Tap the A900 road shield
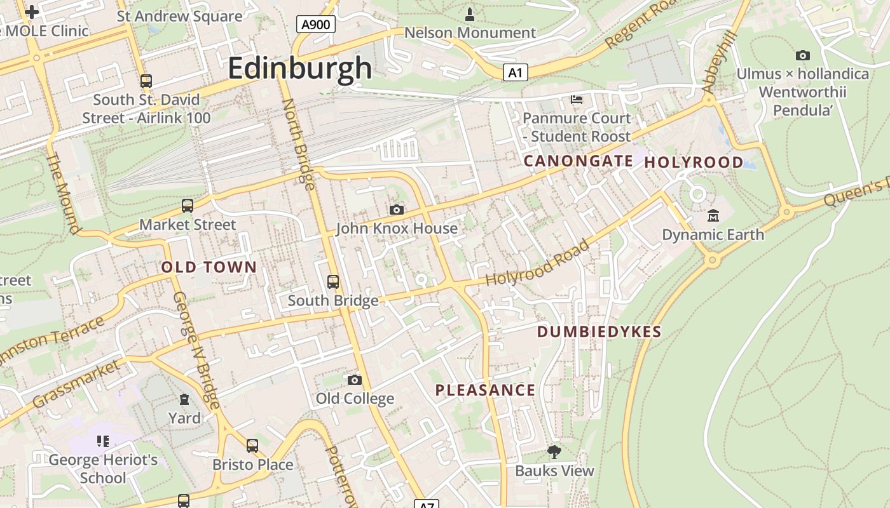click(316, 25)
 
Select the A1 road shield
click(515, 72)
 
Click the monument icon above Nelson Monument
click(470, 14)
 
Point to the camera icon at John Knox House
click(396, 210)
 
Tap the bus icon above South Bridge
click(332, 282)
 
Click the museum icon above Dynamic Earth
click(713, 216)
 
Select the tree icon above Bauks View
click(554, 452)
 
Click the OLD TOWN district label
click(209, 267)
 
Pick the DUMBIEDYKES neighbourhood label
click(599, 331)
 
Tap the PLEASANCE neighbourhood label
click(485, 390)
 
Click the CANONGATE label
click(578, 161)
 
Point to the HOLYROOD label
click(694, 163)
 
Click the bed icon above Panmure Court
click(577, 100)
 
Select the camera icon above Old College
click(355, 380)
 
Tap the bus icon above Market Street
click(187, 206)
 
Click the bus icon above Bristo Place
click(252, 446)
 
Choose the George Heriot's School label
click(103, 469)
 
